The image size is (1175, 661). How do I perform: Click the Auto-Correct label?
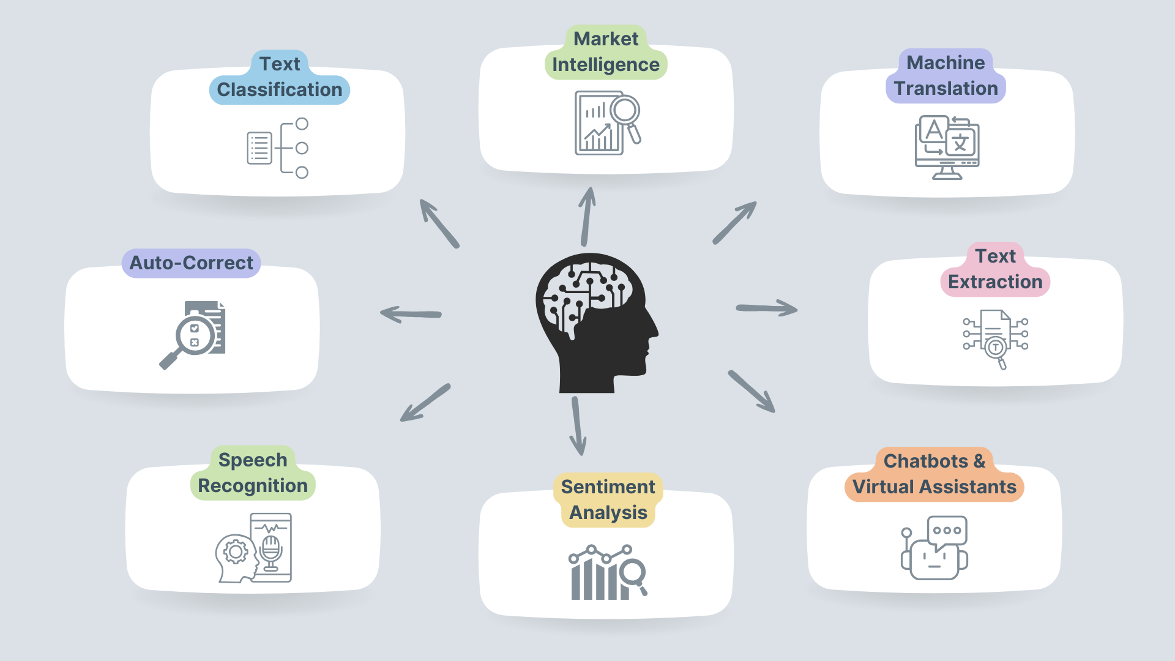click(191, 263)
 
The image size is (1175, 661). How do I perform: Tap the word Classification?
click(280, 90)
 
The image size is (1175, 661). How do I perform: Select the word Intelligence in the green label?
click(605, 65)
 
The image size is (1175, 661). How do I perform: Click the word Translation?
click(946, 89)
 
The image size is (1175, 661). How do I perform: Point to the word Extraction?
click(995, 282)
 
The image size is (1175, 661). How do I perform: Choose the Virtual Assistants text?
click(934, 487)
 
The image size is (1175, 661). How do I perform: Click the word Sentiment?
click(608, 487)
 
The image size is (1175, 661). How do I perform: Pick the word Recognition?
click(253, 486)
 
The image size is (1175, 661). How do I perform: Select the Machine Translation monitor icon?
click(947, 148)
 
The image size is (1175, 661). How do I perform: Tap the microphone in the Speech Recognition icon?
click(270, 549)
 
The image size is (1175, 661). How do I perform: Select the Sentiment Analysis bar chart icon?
click(606, 573)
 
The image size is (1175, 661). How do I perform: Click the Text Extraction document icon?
click(995, 338)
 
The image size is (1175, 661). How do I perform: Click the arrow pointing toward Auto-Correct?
click(411, 315)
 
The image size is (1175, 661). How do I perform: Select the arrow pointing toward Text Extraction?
click(766, 308)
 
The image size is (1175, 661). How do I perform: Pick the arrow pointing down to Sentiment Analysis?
click(577, 427)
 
